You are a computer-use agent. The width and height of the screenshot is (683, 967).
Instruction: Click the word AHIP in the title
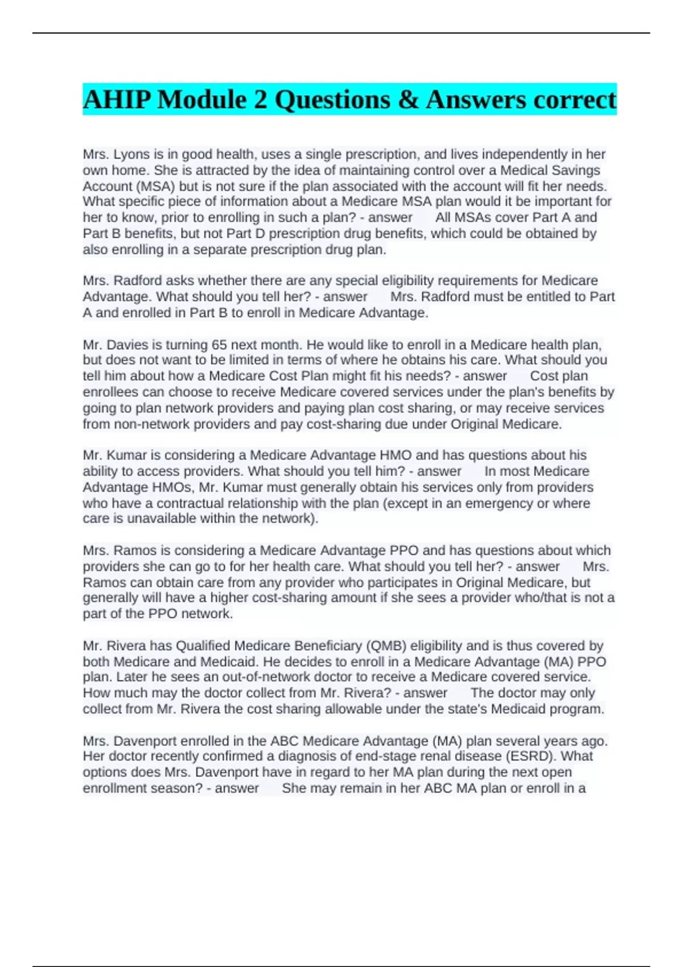coord(117,100)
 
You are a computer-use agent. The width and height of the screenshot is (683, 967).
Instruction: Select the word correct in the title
coord(571,100)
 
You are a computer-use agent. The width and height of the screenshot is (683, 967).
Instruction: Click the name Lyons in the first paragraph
coord(131,154)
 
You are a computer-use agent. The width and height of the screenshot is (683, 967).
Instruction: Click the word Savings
coord(571,170)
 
